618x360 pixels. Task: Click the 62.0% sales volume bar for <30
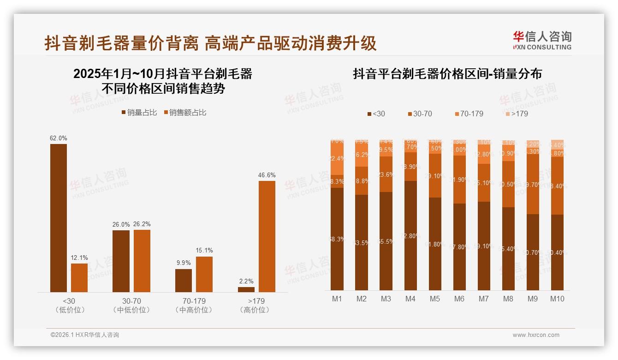(x=59, y=218)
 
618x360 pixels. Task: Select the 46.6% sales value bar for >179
(x=267, y=236)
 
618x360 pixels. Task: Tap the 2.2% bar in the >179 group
(x=246, y=289)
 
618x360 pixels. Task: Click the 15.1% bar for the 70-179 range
(x=204, y=274)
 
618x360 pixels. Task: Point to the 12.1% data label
(x=79, y=258)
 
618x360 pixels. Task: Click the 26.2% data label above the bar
(x=142, y=224)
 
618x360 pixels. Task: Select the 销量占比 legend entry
(x=139, y=112)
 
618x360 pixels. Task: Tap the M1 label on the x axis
(x=337, y=299)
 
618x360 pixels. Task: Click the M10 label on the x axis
(x=557, y=299)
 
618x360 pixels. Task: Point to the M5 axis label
(x=435, y=299)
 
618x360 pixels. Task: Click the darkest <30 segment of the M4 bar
(x=410, y=235)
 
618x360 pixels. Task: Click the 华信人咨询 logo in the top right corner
(x=542, y=41)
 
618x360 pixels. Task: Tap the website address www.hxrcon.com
(x=536, y=335)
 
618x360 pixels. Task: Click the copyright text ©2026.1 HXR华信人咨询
(x=85, y=335)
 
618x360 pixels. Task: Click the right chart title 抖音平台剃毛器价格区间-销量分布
(x=447, y=74)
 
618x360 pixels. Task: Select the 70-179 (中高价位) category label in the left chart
(x=194, y=305)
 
